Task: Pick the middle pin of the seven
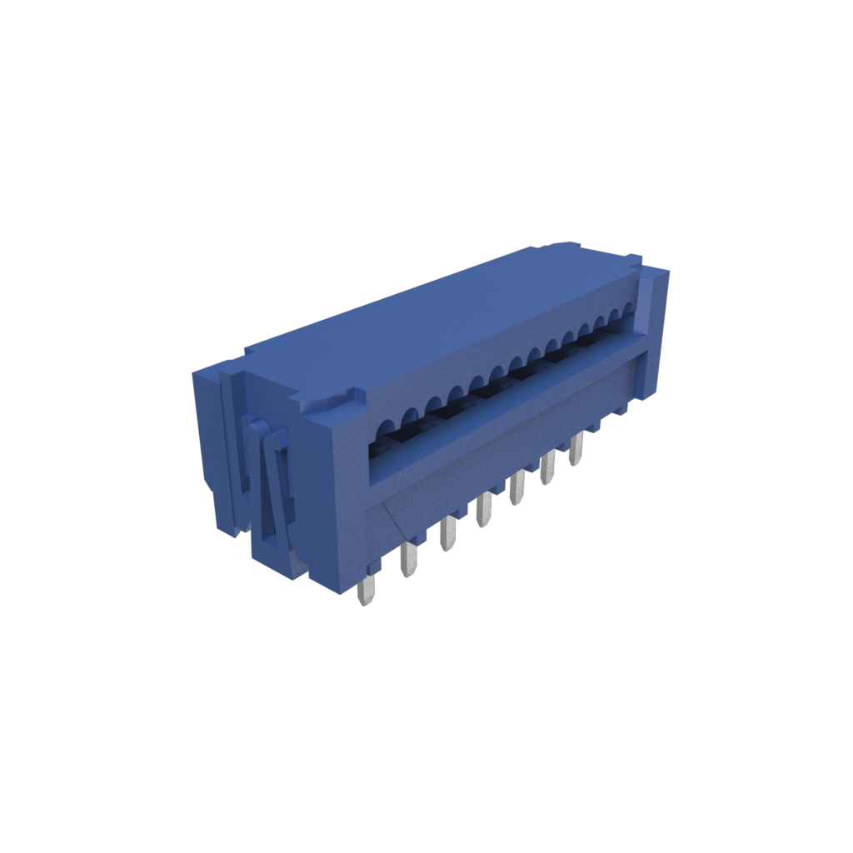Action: pos(483,510)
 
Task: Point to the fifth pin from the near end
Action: pos(516,488)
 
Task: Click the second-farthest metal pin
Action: pos(547,468)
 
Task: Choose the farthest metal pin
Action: pos(576,450)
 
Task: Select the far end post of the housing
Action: pos(655,333)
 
